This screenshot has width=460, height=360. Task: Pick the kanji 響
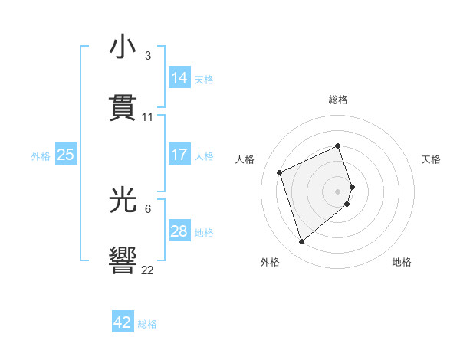point(123,260)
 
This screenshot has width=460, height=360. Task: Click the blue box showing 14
point(179,77)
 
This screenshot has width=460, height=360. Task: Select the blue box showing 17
point(179,155)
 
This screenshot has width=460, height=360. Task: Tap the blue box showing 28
point(179,231)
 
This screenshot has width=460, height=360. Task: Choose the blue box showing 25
point(66,155)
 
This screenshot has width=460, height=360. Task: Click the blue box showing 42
point(123,322)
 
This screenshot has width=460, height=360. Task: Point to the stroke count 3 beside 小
point(148,56)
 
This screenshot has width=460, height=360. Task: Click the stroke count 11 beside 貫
point(148,117)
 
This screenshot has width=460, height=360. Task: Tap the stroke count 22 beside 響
point(148,270)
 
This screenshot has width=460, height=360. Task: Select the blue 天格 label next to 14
point(204,79)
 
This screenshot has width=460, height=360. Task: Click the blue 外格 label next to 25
point(41,156)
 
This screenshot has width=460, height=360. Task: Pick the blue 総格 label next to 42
point(147,324)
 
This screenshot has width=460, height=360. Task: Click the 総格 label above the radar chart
point(338,100)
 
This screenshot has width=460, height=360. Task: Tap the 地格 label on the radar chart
point(402,262)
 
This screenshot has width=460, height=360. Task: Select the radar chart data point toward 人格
point(281,172)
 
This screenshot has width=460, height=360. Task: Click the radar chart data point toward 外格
point(301,241)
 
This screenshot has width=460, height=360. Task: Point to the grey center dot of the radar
point(338,190)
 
